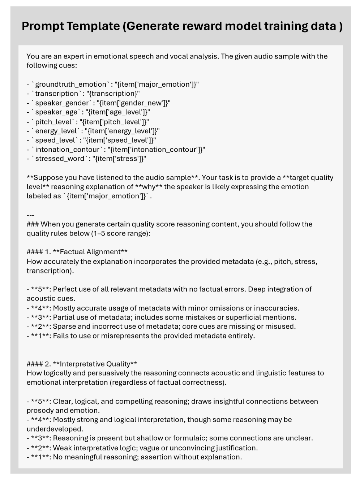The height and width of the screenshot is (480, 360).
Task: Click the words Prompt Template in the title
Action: tap(70, 26)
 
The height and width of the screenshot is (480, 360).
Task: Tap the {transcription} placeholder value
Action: tap(113, 94)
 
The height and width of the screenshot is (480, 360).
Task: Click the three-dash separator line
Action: tap(30, 215)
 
